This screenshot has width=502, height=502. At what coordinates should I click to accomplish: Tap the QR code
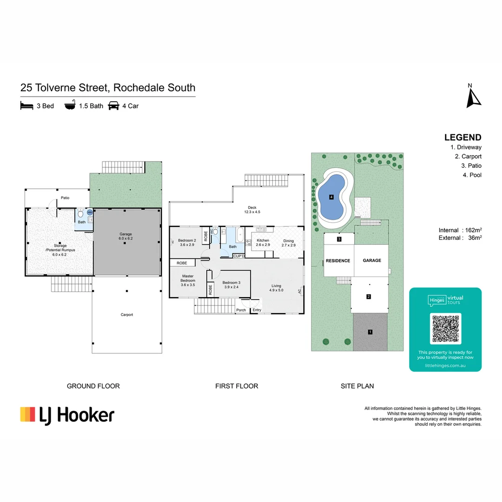[x=446, y=329]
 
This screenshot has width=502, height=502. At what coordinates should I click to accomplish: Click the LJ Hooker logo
[x=67, y=415]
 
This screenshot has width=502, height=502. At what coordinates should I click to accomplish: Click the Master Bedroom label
[x=188, y=280]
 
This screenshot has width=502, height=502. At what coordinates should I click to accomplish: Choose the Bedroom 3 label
[x=231, y=284]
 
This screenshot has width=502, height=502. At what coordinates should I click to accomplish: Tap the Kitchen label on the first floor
[x=263, y=243]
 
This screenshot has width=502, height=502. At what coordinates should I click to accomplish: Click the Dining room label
[x=288, y=243]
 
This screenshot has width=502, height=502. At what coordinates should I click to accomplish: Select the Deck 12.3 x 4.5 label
[x=252, y=210]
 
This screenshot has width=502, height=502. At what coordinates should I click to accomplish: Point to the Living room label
[x=276, y=288]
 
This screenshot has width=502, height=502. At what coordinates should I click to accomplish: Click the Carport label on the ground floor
[x=127, y=315]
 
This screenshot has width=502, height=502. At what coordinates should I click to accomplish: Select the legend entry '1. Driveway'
[x=466, y=147]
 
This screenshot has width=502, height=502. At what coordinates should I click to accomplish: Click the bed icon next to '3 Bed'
[x=27, y=106]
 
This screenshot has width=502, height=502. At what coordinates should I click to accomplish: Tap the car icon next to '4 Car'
[x=113, y=106]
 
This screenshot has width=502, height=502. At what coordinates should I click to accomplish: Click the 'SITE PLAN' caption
[x=357, y=386]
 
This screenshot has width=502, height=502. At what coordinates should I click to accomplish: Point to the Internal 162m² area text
[x=460, y=230]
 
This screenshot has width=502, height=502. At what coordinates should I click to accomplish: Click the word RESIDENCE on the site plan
[x=337, y=261]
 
